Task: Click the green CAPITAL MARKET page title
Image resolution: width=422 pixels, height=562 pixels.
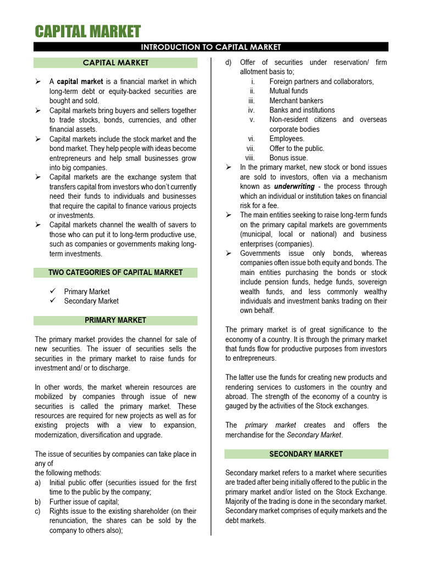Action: (88, 31)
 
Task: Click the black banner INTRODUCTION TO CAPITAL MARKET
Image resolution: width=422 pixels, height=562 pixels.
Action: (211, 47)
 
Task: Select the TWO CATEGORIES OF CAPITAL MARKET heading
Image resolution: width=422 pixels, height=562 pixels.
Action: (115, 273)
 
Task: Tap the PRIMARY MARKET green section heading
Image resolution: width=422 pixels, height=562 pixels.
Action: (115, 320)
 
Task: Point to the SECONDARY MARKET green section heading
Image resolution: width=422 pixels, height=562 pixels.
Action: (306, 454)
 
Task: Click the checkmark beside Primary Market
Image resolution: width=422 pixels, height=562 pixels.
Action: (53, 291)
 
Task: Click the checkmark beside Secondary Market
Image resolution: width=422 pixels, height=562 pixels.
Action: (53, 301)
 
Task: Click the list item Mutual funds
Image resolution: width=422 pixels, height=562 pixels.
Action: (288, 91)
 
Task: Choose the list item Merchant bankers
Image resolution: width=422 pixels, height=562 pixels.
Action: (296, 101)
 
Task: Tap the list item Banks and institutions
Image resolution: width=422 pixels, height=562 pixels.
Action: (302, 110)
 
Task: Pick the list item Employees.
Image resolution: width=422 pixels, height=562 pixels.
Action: (287, 139)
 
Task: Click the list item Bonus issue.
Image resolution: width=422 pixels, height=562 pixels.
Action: (288, 158)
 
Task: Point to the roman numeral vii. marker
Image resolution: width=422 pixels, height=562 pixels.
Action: (251, 149)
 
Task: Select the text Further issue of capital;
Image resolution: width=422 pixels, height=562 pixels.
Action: (84, 502)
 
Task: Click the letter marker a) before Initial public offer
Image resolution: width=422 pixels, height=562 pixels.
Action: (38, 482)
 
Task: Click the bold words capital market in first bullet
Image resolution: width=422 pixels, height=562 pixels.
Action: (80, 82)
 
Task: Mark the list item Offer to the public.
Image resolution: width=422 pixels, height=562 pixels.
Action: (297, 149)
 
